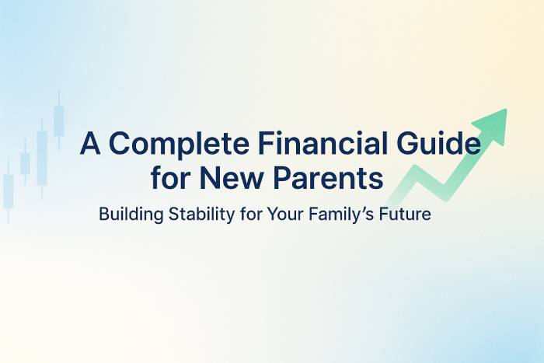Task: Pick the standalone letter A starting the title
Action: coord(90,142)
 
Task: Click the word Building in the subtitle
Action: coord(131,215)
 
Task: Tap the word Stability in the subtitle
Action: coord(201,214)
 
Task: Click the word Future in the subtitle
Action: coord(405,214)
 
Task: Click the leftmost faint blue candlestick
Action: coord(9,191)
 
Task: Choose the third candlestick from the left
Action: coord(42,159)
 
